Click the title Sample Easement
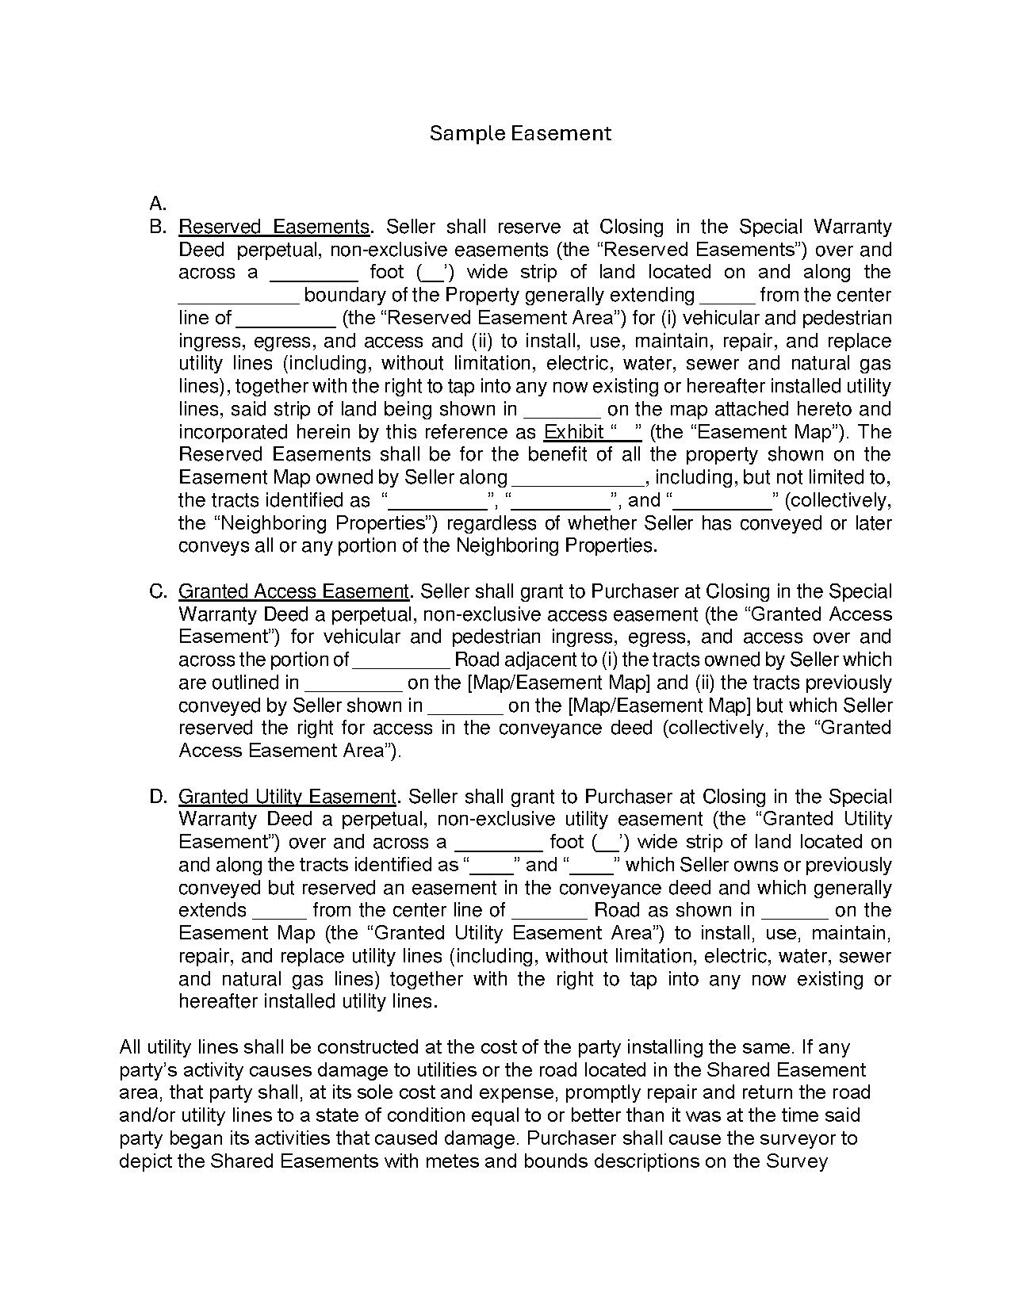pyautogui.click(x=520, y=133)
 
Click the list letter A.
pyautogui.click(x=157, y=203)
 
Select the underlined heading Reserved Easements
pyautogui.click(x=274, y=227)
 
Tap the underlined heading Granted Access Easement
pyautogui.click(x=293, y=591)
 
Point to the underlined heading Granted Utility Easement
pyautogui.click(x=287, y=797)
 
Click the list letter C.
pyautogui.click(x=157, y=591)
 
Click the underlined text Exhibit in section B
pyautogui.click(x=574, y=432)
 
